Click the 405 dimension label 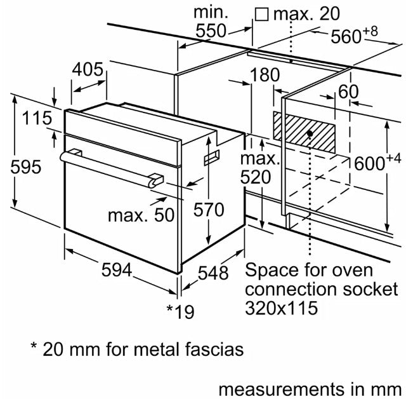tap(88, 69)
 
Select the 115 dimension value tap(37, 118)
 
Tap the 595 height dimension tap(25, 166)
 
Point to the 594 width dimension tap(117, 269)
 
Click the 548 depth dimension tap(213, 273)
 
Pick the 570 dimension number tap(209, 210)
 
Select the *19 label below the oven tap(180, 311)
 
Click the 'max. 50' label tap(141, 215)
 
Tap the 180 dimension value tap(265, 75)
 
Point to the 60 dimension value tap(348, 91)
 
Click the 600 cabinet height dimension tap(377, 163)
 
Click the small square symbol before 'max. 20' tap(261, 14)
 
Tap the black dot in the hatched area tap(310, 133)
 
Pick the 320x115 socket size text tap(281, 308)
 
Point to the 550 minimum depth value tap(211, 30)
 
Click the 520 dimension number tap(256, 177)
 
